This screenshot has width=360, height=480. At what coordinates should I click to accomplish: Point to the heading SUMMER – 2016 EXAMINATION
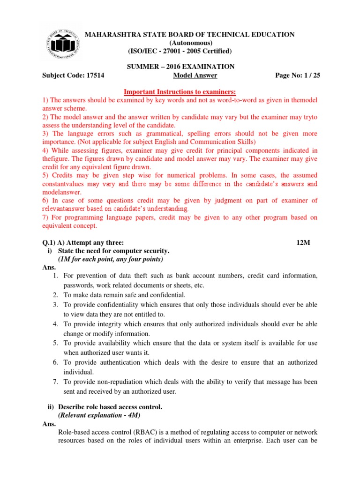click(180, 67)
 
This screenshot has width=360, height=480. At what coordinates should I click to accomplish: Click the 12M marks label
click(303, 243)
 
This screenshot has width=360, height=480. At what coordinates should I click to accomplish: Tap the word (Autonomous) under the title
click(180, 43)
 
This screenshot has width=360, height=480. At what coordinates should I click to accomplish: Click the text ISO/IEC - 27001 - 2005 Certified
click(180, 51)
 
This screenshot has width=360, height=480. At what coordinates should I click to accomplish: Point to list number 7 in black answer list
click(55, 382)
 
